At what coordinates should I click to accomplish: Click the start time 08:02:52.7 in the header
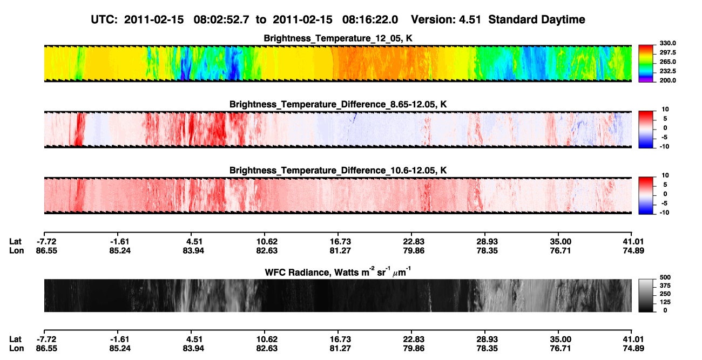221,20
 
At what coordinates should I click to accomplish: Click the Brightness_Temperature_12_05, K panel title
338,38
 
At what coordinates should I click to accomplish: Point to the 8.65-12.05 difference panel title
338,104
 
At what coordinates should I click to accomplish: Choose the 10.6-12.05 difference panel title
338,171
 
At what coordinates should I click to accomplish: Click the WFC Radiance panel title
338,271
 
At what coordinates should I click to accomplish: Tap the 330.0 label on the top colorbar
667,43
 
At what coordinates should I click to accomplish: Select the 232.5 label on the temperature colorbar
667,71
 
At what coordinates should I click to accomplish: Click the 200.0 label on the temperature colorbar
667,80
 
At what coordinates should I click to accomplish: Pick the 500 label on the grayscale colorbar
665,277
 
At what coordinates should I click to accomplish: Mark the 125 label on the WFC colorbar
665,302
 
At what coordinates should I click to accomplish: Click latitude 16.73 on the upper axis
340,242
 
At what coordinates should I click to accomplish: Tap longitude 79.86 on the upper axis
414,250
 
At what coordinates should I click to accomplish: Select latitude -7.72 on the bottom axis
46,339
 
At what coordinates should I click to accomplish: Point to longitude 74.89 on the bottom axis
633,349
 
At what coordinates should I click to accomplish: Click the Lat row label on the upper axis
15,242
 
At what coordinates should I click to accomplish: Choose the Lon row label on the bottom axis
16,349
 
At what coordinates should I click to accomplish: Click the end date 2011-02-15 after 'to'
302,20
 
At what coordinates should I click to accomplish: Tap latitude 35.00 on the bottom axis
561,339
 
